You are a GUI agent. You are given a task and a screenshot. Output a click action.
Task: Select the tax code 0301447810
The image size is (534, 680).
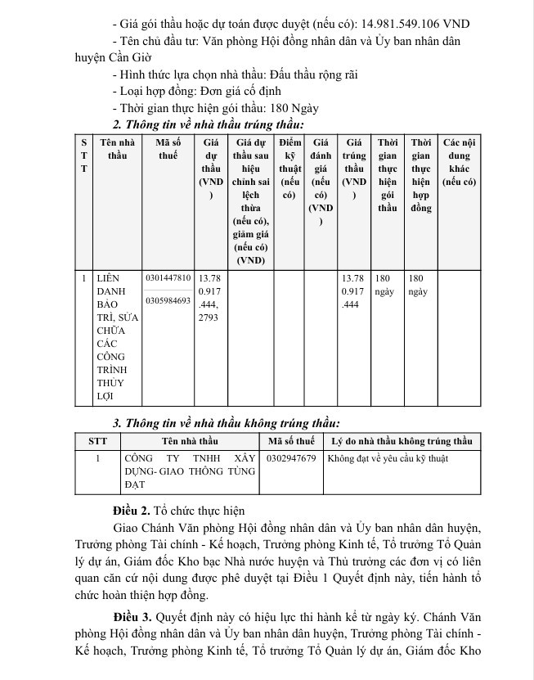click(168, 278)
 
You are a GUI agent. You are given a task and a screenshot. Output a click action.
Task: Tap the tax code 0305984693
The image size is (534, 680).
click(168, 300)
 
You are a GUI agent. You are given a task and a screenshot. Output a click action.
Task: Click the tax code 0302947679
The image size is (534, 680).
click(291, 458)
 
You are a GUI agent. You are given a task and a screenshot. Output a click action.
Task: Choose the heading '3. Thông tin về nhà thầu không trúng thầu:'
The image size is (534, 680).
click(225, 423)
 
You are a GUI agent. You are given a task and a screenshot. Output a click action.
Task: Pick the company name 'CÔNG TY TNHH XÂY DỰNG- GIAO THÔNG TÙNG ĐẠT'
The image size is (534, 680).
click(189, 471)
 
